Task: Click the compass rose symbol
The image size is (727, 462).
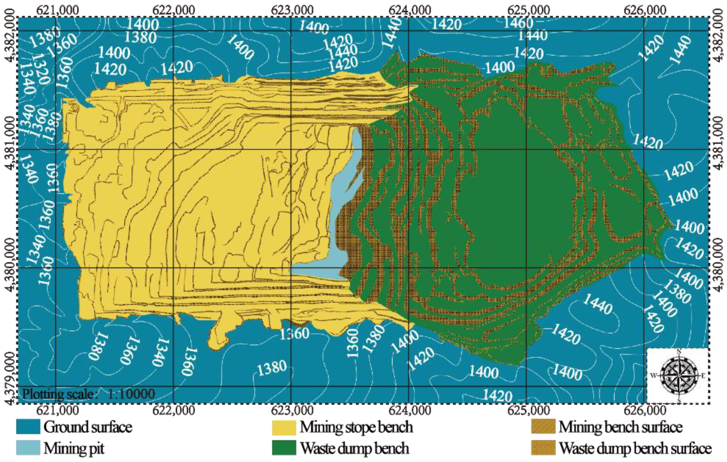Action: click(679, 376)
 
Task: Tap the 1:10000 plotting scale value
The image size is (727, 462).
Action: click(131, 394)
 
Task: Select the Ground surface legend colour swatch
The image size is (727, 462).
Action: click(28, 427)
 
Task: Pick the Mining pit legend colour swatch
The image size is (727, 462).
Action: click(28, 448)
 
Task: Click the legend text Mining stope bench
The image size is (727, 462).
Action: click(356, 427)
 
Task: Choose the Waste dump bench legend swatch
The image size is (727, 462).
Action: click(284, 448)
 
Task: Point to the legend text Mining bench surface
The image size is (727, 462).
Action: click(620, 427)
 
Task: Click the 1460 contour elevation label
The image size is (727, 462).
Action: click(518, 23)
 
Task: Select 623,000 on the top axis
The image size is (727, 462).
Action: click(292, 10)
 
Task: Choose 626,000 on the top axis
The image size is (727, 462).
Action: click(645, 10)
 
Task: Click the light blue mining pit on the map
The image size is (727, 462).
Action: click(340, 216)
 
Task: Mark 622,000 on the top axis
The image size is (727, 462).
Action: click(174, 10)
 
